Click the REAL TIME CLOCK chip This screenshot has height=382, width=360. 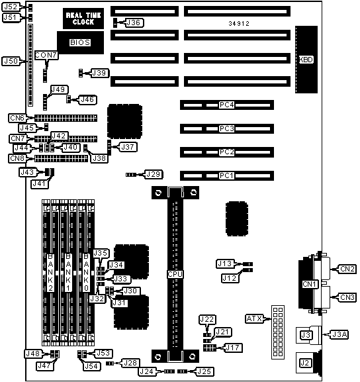(x=83, y=19)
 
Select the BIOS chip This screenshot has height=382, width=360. (x=80, y=42)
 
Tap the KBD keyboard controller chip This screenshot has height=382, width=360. (x=306, y=60)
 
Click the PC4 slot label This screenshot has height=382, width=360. (x=227, y=105)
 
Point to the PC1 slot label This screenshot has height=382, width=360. (x=227, y=175)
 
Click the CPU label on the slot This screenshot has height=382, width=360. (x=175, y=274)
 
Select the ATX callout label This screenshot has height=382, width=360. (x=255, y=318)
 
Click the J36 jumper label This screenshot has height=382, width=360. (x=134, y=23)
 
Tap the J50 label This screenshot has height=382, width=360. (x=11, y=61)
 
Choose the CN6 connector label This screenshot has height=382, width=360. (x=17, y=118)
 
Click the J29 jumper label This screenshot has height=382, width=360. (x=154, y=174)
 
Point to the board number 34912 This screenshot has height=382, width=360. (x=239, y=24)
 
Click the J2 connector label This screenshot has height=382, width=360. (x=304, y=363)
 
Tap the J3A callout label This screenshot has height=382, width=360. (x=339, y=335)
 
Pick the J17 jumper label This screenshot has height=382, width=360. (x=234, y=348)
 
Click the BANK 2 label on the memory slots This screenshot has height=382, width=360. (x=50, y=272)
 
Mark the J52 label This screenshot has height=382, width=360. (x=11, y=7)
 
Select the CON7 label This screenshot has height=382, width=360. (x=46, y=56)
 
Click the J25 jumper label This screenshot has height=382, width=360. (x=205, y=371)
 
